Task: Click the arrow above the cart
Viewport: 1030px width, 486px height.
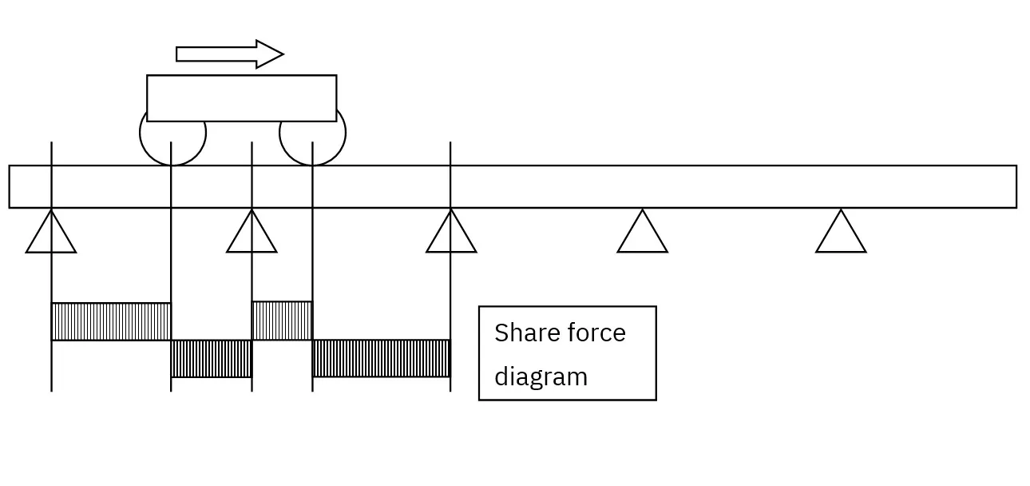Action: tap(228, 54)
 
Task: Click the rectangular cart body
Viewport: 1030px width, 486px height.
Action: tap(241, 98)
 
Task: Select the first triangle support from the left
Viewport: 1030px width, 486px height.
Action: tap(51, 235)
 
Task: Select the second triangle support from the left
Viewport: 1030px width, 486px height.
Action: tap(252, 235)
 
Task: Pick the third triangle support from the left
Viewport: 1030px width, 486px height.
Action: tap(451, 235)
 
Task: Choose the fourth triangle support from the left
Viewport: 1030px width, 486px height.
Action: tap(642, 235)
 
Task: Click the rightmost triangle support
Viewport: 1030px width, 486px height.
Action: tap(841, 235)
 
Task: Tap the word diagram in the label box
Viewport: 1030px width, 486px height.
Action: tap(541, 376)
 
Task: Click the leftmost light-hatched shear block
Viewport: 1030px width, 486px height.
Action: tap(111, 321)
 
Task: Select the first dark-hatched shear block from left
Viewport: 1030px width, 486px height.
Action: tap(212, 358)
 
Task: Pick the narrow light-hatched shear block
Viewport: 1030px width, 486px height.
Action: tap(282, 321)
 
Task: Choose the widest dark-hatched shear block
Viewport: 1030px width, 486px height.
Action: tap(381, 358)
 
